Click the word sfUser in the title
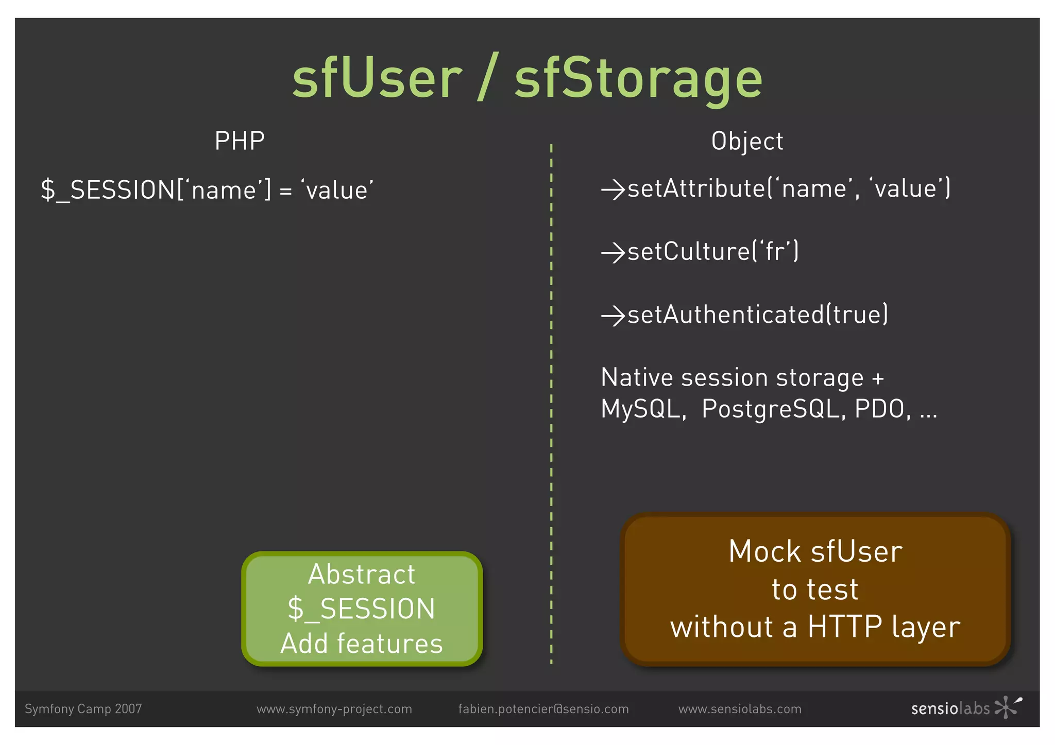377,78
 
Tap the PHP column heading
240,141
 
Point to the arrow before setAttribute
613,189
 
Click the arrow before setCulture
613,253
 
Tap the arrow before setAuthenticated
613,316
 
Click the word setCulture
689,252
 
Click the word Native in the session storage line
637,377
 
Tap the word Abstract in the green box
362,574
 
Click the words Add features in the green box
362,644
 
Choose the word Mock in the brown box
766,551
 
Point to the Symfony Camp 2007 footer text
83,709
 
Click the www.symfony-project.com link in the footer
334,709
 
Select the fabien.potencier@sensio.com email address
543,709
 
